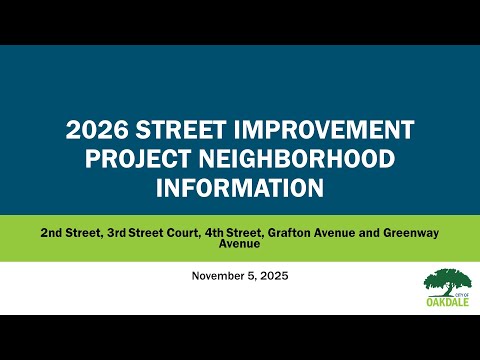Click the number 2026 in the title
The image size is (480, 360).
coord(97,129)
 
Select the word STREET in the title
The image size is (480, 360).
coord(181,129)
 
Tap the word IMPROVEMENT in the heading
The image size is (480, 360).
coord(324,129)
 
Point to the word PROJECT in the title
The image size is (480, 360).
coord(138,159)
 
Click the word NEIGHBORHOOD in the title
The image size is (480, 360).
coord(297,159)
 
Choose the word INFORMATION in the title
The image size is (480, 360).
coord(240,188)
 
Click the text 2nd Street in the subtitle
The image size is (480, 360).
coord(70,233)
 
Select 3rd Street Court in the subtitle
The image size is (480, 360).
coord(152,233)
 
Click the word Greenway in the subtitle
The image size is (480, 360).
coord(411,233)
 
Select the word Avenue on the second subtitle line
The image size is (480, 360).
coord(239,243)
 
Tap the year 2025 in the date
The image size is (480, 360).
coord(274,276)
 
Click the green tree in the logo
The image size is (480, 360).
coord(448,282)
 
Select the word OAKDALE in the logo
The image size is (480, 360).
coord(448,302)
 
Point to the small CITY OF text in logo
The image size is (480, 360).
coord(462,295)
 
